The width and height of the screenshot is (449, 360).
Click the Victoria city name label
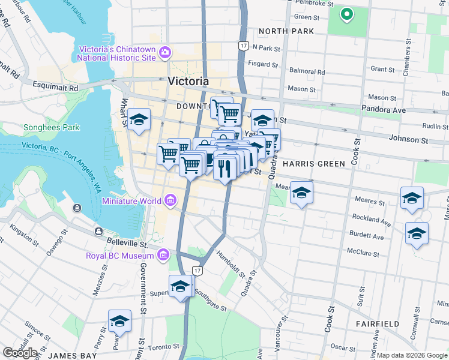pyautogui.click(x=188, y=82)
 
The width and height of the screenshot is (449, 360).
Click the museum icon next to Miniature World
pyautogui.click(x=170, y=200)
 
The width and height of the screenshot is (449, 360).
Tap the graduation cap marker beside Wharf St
pyautogui.click(x=139, y=120)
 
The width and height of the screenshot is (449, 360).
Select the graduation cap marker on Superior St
pyautogui.click(x=180, y=286)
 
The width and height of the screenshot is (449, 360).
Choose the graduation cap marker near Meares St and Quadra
pyautogui.click(x=301, y=193)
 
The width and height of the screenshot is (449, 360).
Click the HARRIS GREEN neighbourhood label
pyautogui.click(x=313, y=164)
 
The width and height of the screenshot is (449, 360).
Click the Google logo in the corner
pyautogui.click(x=20, y=352)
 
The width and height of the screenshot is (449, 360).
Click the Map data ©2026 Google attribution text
pyautogui.click(x=412, y=355)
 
